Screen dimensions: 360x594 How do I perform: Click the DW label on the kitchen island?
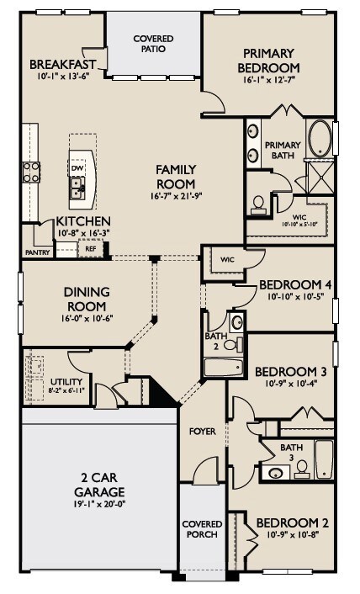pos(76,167)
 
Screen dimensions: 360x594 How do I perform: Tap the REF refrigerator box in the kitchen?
pos(91,248)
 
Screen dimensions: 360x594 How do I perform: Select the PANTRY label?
pos(38,252)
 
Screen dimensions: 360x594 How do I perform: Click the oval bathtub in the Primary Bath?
pos(320,139)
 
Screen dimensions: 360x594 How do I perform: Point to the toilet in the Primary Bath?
pos(258,203)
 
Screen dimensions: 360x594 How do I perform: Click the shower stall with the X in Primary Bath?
pos(320,177)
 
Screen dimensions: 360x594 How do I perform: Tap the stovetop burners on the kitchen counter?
pos(31,172)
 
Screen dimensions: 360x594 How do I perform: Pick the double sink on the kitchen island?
pos(77,188)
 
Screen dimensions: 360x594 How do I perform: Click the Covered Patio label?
pos(153,44)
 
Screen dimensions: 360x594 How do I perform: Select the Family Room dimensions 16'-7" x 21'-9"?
pos(176,196)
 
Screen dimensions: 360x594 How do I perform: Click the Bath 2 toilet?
pos(233,344)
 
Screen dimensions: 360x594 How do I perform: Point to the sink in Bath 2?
pos(237,322)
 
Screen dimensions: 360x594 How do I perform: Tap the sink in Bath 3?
pos(275,473)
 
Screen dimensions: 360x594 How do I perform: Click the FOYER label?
pos(203,431)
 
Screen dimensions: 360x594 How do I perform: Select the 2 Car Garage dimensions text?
pos(99,504)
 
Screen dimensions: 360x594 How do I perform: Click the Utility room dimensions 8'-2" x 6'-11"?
pos(67,390)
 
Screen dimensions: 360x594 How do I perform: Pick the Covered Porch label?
pos(202,529)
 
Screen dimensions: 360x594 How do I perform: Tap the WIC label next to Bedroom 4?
pos(227,260)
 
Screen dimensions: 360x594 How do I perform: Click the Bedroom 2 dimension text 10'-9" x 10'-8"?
pos(293,535)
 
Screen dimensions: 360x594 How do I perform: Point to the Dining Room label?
pos(87,299)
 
